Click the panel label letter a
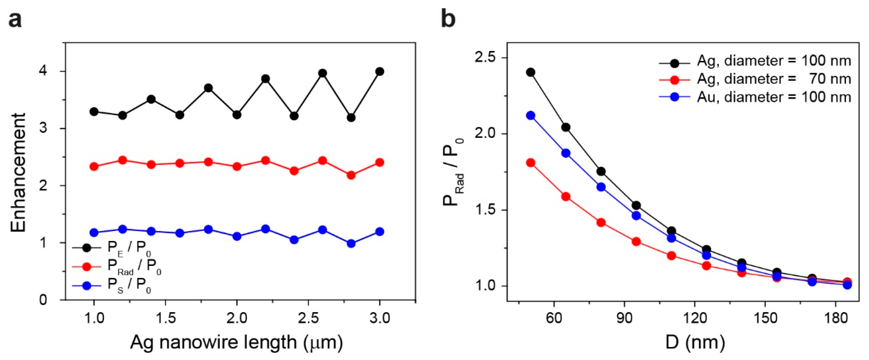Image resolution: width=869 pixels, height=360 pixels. click(15, 20)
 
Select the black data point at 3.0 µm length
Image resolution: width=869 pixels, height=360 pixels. click(380, 72)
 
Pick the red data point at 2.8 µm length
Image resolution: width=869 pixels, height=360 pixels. click(351, 175)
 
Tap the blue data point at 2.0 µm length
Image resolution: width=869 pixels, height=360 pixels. click(237, 236)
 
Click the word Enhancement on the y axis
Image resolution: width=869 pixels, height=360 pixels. click(18, 173)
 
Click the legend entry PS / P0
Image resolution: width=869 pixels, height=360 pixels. click(111, 286)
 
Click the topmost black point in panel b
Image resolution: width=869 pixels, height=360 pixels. click(531, 72)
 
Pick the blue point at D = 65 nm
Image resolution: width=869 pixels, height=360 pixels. click(566, 153)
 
